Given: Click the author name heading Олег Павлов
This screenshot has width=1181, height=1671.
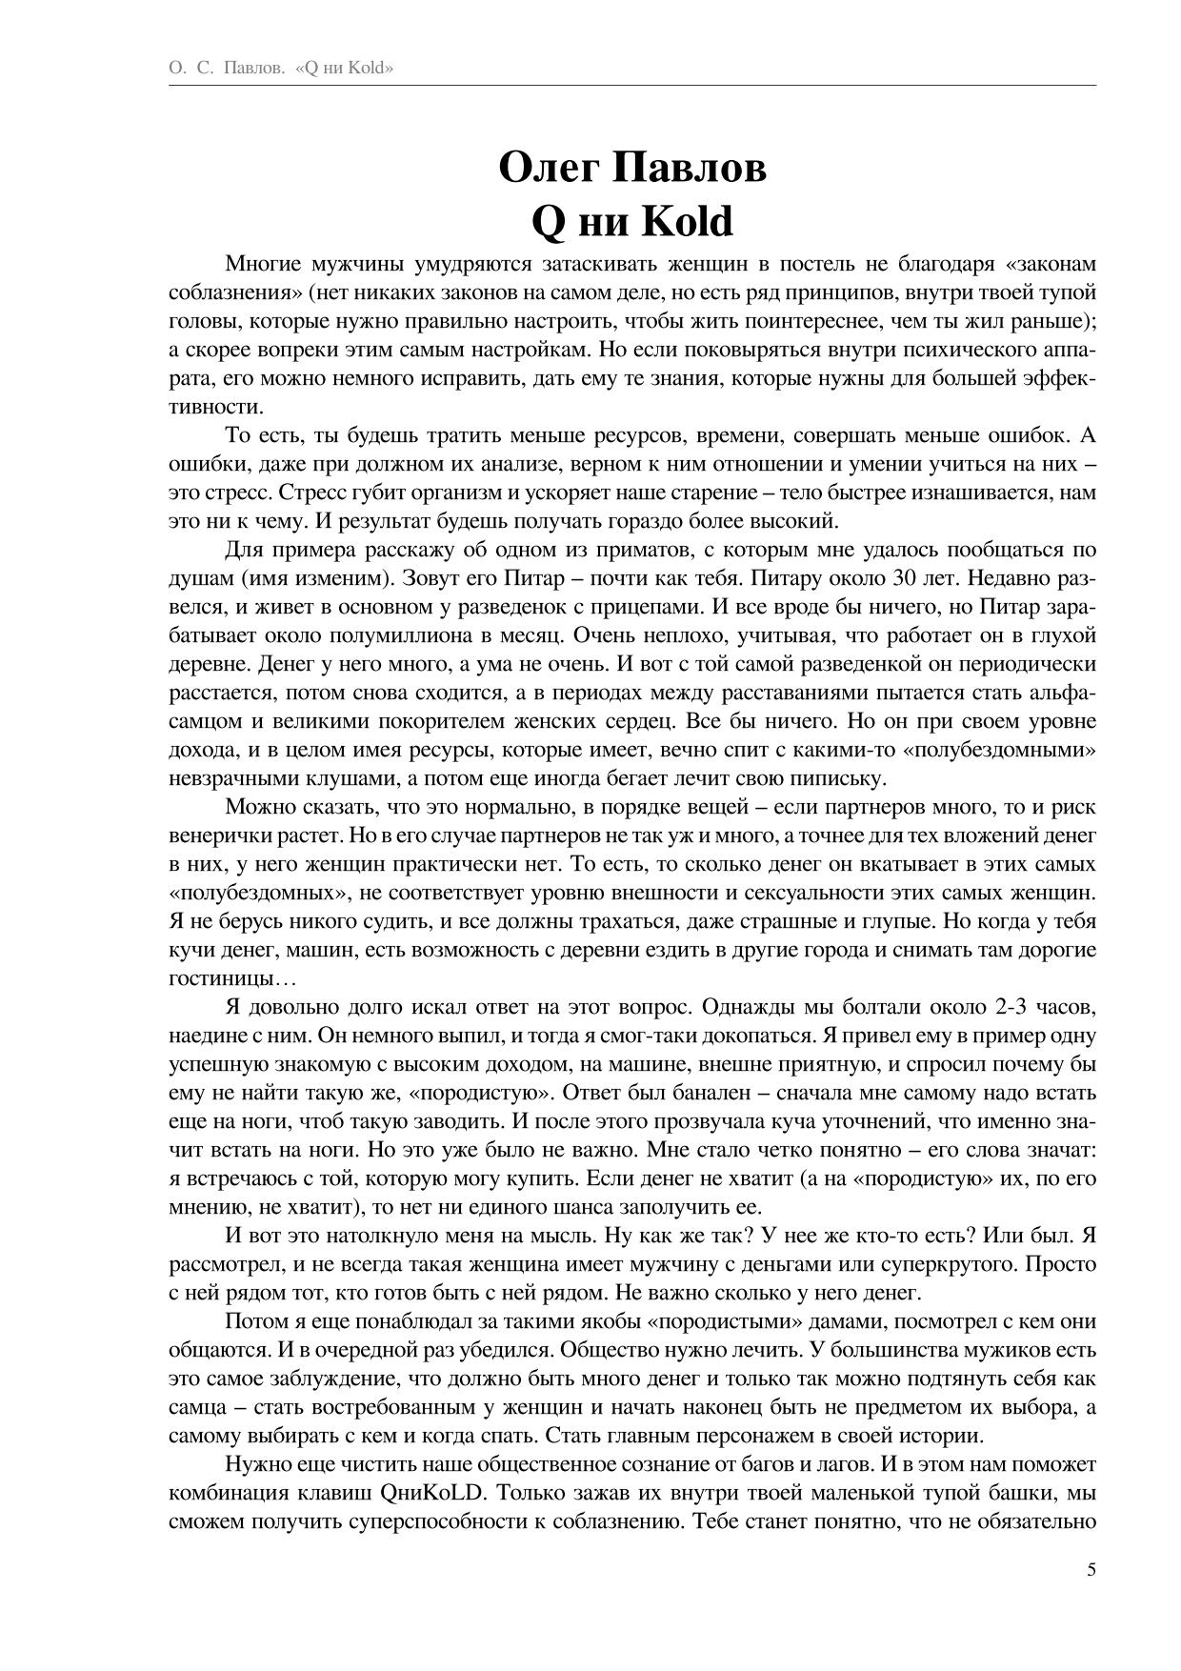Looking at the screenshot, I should point(631,168).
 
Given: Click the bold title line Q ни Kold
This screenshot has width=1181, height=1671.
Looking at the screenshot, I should point(631,221).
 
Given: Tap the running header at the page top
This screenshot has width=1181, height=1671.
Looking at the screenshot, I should point(281,69).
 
